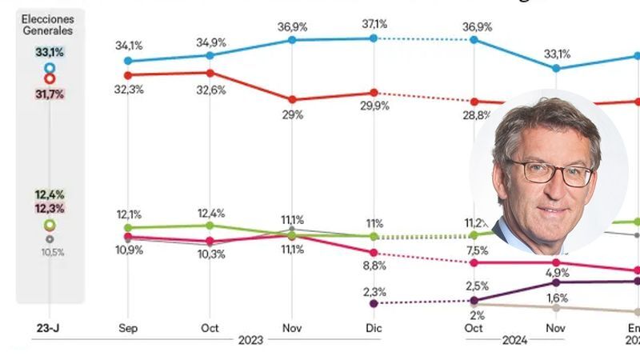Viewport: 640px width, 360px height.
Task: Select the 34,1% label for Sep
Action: point(129,45)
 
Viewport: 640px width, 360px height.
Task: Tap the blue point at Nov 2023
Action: point(291,39)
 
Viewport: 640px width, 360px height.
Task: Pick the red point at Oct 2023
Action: point(210,73)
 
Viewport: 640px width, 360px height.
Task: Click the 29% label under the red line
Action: point(291,114)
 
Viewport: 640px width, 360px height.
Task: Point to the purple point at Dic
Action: point(374,303)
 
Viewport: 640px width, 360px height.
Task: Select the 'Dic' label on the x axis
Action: point(374,328)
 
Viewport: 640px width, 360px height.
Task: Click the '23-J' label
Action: point(50,328)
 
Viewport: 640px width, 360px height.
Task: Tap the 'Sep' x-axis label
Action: point(129,328)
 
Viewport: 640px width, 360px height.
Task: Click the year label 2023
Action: point(250,340)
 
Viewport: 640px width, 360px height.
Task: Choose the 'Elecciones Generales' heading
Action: point(48,24)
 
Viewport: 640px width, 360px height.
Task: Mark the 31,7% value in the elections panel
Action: point(50,94)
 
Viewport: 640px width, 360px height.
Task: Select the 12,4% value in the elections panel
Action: point(50,194)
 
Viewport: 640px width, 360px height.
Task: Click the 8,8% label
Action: point(374,264)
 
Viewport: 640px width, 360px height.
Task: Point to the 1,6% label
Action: point(556,298)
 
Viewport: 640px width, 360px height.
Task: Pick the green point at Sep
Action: point(129,227)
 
